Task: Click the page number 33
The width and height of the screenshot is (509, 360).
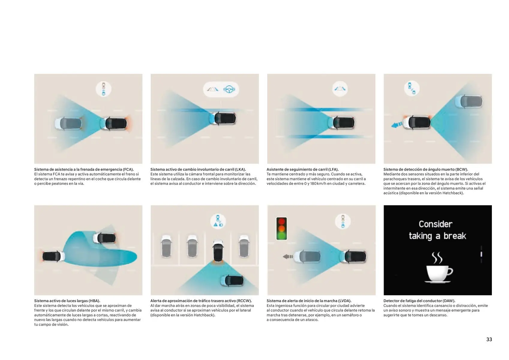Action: tap(489, 339)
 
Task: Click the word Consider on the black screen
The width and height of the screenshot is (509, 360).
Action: tap(436, 224)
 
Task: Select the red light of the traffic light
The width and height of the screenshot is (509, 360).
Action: tap(282, 221)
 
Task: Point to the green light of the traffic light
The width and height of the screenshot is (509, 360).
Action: tap(282, 235)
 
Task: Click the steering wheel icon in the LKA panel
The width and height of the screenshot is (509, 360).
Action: tap(229, 89)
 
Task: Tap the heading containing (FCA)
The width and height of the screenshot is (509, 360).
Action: tap(84, 169)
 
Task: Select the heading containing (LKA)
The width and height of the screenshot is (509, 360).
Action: tap(198, 169)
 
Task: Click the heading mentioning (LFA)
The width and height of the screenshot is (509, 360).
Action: tap(302, 169)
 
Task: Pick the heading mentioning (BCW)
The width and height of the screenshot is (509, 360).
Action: tap(426, 169)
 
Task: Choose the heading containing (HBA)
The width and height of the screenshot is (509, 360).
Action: tap(67, 301)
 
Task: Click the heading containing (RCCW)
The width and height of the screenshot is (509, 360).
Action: tap(201, 301)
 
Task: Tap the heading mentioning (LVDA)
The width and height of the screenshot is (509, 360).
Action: tap(309, 301)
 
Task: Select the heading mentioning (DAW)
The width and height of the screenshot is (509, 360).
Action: tap(419, 301)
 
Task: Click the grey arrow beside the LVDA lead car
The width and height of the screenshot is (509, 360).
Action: tap(288, 256)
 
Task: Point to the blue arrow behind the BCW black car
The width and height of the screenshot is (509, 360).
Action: tap(397, 124)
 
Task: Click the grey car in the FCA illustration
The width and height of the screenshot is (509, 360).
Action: tap(68, 124)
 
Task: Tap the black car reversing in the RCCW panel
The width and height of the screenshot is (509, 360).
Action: tap(218, 251)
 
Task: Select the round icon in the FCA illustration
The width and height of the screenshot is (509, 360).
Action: tap(103, 89)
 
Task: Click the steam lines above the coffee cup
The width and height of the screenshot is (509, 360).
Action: tap(437, 257)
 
